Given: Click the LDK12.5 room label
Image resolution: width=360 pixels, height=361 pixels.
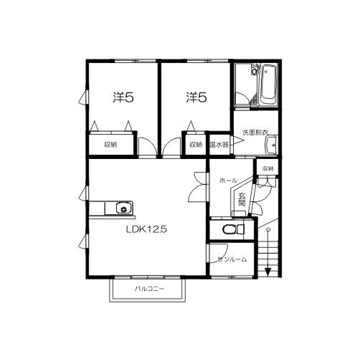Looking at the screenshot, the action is click(x=146, y=230).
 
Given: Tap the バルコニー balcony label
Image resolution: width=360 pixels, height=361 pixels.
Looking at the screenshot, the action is click(x=149, y=289).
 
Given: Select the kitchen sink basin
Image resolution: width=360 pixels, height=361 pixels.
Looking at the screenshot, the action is click(x=124, y=208).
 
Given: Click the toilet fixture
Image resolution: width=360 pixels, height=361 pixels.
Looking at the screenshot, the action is click(x=233, y=229).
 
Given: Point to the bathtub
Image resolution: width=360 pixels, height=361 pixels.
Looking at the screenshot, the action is click(x=268, y=85).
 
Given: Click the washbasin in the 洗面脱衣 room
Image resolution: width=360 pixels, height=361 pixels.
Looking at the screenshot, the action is click(x=271, y=145).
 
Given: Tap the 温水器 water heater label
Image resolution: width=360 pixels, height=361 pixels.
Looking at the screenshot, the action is click(x=219, y=145).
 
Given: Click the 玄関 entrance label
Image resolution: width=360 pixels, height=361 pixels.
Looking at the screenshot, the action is click(x=242, y=199).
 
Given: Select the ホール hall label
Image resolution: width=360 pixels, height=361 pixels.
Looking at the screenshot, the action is click(x=228, y=180).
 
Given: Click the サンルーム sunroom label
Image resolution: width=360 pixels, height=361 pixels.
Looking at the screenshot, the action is click(x=232, y=259).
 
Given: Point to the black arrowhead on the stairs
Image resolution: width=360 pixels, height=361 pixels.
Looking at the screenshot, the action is click(x=267, y=272).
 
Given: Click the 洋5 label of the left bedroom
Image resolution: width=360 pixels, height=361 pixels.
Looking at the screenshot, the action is click(x=123, y=97).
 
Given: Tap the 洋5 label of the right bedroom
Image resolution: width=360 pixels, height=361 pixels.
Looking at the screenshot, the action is click(x=196, y=97).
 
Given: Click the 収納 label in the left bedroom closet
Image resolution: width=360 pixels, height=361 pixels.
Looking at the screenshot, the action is click(x=110, y=145).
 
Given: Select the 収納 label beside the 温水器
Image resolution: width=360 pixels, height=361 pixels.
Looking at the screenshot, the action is click(x=196, y=145).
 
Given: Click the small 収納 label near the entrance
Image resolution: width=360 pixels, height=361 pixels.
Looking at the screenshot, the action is click(x=267, y=168).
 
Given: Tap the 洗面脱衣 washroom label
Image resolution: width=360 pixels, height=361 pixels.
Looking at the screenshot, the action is click(x=255, y=133).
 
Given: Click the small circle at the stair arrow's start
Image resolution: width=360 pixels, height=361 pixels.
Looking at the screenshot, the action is click(x=268, y=230).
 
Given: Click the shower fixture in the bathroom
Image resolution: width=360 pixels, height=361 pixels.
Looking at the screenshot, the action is click(x=255, y=69).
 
